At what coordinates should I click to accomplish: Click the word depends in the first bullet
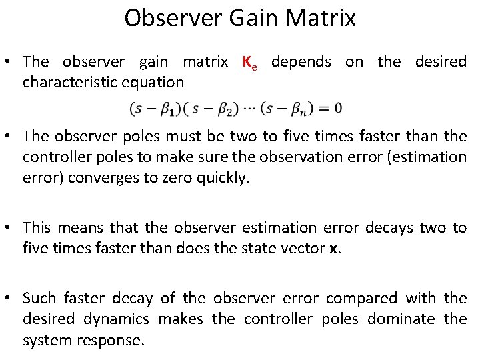tap(301, 62)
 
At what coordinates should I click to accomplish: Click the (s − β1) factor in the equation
tap(152, 107)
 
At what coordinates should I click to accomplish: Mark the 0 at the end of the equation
tap(338, 107)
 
